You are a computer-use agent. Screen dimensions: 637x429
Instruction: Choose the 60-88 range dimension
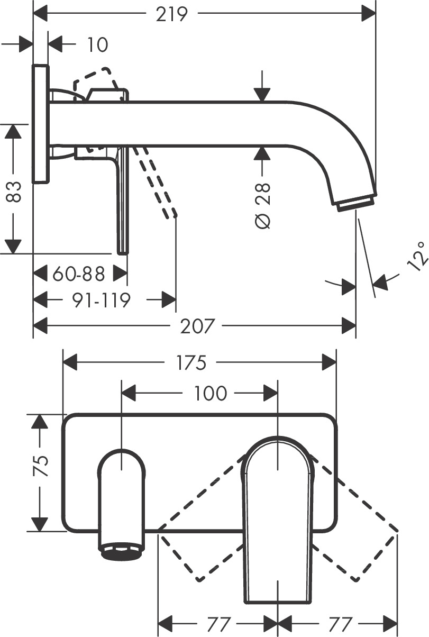coord(79,274)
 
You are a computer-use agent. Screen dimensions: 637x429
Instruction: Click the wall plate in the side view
coord(41,124)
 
